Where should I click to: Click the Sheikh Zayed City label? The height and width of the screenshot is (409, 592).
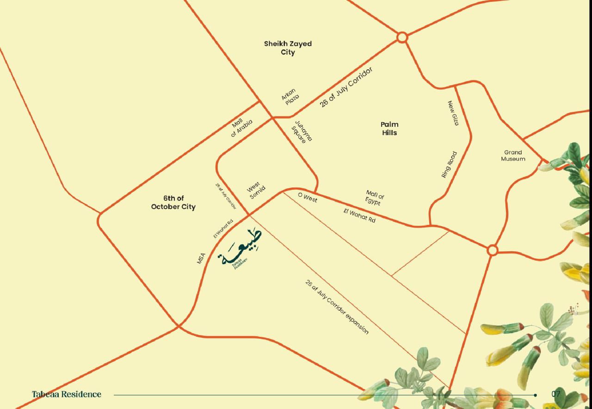(288, 48)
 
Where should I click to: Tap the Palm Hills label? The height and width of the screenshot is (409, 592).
(389, 129)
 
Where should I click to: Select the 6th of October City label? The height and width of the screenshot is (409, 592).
(173, 203)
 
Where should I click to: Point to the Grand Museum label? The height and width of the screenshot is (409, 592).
(513, 155)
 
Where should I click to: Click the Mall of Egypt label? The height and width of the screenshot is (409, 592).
(374, 198)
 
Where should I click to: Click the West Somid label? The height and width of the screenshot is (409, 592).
(255, 191)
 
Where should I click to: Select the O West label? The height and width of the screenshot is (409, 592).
(308, 198)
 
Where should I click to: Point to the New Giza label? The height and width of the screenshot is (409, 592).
(453, 113)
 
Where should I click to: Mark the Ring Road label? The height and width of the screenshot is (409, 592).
(449, 165)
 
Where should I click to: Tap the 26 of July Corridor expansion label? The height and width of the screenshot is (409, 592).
(337, 307)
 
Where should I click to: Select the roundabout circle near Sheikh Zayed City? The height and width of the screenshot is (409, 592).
(402, 37)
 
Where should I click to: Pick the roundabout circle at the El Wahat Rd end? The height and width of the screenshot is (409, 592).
(493, 250)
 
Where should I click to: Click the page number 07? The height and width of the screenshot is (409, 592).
(556, 394)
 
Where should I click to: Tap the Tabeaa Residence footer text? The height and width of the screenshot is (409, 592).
(67, 395)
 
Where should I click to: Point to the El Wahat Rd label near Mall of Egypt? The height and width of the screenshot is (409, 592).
(359, 216)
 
